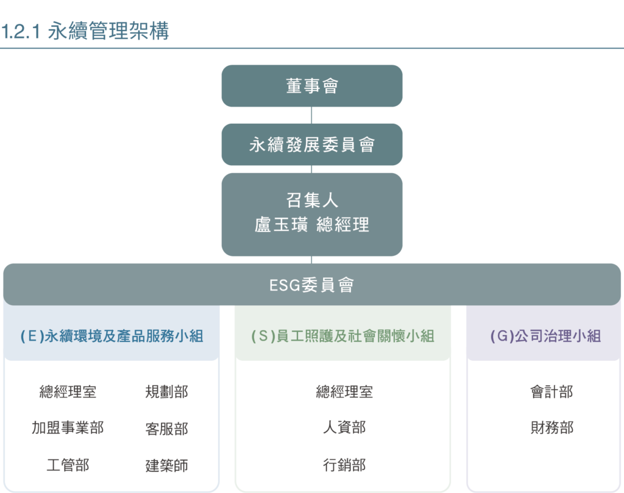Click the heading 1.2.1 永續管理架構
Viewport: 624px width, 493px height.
click(85, 32)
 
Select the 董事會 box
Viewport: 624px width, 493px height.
click(311, 86)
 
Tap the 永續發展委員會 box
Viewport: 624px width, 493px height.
click(311, 144)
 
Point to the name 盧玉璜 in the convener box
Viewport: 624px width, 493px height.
click(280, 224)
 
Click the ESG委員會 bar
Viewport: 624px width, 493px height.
click(311, 285)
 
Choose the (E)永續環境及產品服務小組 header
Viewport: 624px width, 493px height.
click(112, 336)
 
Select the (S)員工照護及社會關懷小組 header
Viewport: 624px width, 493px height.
click(342, 336)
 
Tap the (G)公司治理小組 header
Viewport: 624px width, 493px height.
click(545, 336)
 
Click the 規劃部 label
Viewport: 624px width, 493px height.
click(166, 392)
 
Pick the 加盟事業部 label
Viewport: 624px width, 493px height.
click(68, 428)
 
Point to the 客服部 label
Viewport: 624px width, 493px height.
click(166, 428)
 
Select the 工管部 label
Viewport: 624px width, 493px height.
click(68, 466)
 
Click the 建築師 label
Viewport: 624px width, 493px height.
click(166, 466)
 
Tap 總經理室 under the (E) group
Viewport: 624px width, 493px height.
click(68, 392)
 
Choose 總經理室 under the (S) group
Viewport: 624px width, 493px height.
click(344, 392)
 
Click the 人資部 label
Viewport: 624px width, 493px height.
click(344, 428)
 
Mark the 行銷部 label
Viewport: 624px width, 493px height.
click(344, 466)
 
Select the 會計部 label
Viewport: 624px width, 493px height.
click(551, 392)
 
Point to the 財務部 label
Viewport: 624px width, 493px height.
click(551, 428)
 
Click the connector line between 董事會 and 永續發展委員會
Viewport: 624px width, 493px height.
click(311, 115)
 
